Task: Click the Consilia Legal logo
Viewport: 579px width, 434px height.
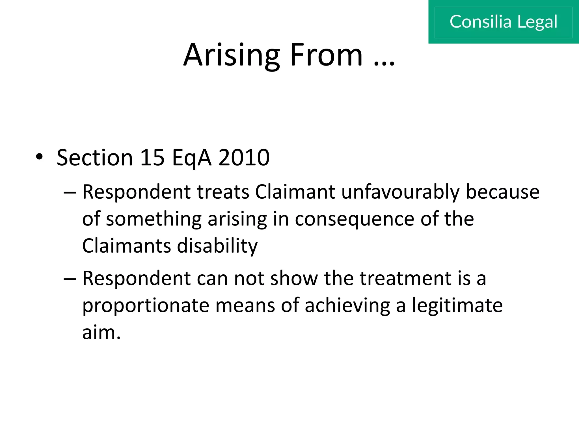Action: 503,22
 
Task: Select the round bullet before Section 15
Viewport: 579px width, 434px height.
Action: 39,157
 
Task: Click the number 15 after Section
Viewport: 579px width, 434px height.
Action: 152,157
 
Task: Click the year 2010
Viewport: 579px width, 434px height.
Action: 244,157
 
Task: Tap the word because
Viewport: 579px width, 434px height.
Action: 502,192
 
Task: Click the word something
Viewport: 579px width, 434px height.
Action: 154,220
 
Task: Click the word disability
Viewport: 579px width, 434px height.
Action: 217,246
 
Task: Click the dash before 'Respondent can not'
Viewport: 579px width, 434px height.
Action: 70,279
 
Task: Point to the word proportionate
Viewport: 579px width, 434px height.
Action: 145,306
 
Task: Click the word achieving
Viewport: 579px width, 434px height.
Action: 347,306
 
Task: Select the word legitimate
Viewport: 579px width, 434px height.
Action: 457,306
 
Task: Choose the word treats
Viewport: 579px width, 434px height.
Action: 223,192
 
